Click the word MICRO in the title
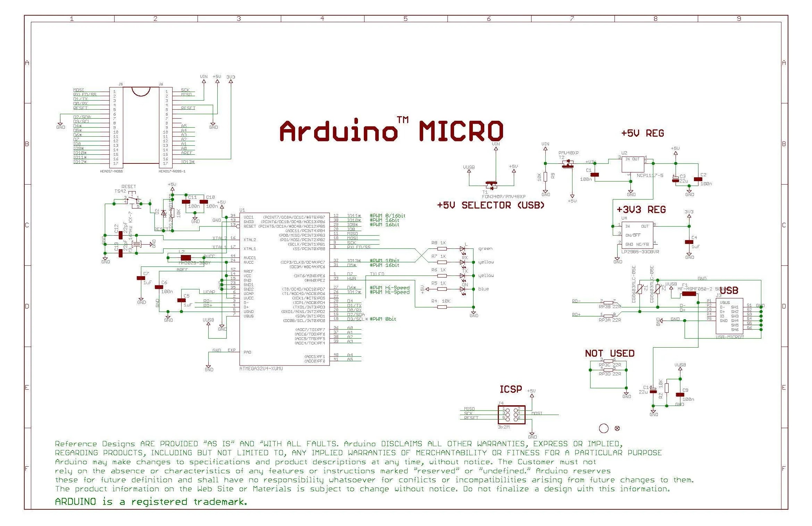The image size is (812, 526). pos(461,131)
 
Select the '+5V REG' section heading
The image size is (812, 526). pos(642,133)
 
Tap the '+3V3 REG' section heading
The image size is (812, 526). pos(641,210)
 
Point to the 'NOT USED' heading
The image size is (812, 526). pos(610,354)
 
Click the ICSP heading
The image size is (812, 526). pos(510,389)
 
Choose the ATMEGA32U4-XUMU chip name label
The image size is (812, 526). pos(261,368)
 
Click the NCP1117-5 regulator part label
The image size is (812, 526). pos(650,176)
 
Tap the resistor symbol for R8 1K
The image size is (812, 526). pos(442,249)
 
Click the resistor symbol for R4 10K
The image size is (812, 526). pos(442,307)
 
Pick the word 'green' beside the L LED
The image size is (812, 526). pos(485,248)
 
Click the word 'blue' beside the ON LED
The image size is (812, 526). pos(483,289)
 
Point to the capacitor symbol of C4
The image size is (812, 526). pos(689,242)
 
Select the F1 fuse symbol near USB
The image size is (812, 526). pos(689,294)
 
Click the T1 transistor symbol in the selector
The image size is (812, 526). pos(491,184)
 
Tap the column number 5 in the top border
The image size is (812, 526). pos(405,19)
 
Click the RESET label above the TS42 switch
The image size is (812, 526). pos(128,187)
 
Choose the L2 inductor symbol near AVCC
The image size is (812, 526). pos(186,257)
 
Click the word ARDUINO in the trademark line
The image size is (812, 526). pos(75,502)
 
